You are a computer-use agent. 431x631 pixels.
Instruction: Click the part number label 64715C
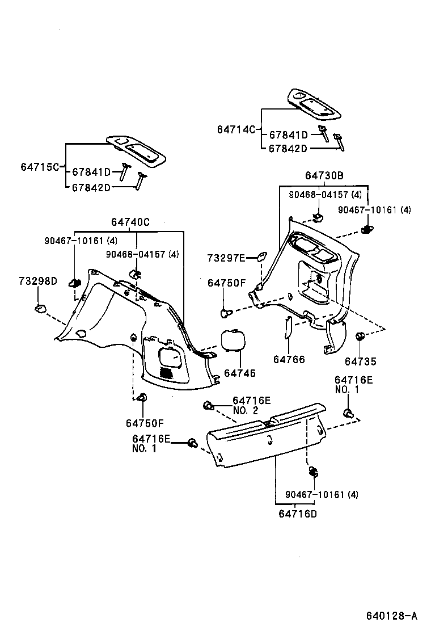(x=40, y=167)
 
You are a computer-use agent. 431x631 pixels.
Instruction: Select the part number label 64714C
(x=236, y=129)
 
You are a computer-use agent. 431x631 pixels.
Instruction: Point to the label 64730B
(x=324, y=176)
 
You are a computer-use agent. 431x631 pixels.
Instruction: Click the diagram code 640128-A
(x=391, y=616)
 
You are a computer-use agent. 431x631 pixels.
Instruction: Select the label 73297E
(x=226, y=258)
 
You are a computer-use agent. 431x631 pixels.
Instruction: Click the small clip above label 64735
(x=358, y=337)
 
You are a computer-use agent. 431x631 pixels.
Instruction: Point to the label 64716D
(x=298, y=514)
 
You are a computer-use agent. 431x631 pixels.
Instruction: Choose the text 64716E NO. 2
(x=252, y=405)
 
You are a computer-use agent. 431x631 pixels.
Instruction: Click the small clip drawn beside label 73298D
(x=40, y=309)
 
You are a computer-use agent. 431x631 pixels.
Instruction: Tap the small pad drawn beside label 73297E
(x=261, y=256)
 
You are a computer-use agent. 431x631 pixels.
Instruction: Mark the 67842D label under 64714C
(x=288, y=149)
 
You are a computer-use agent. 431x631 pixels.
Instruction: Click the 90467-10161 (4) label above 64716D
(x=322, y=494)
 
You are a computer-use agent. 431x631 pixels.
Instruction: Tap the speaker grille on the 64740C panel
(x=166, y=373)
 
